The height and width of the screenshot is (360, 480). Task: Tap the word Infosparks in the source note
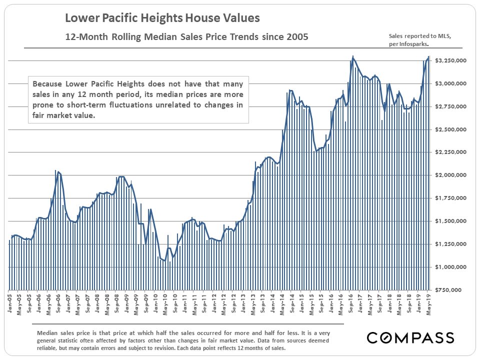(x=414, y=44)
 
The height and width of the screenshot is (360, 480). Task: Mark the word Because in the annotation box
(x=47, y=84)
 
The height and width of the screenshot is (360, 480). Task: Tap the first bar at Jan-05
(x=9, y=265)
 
